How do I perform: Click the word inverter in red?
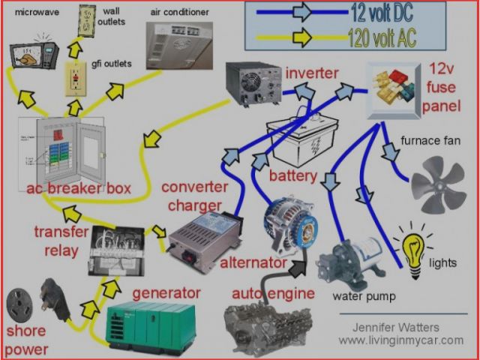coord(312,73)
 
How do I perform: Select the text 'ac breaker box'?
coord(76,188)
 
